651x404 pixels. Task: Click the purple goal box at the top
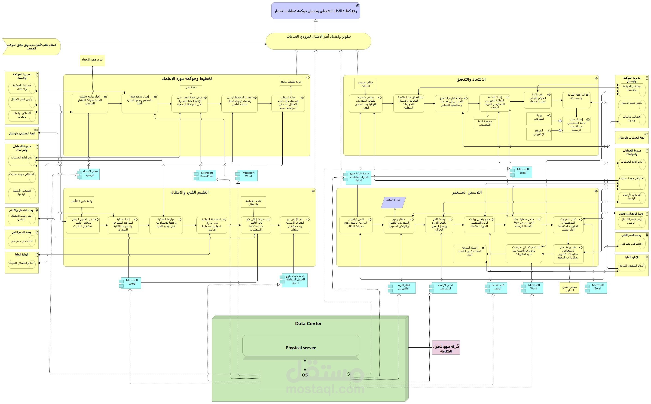click(x=315, y=11)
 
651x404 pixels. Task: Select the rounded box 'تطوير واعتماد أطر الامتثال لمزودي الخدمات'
click(x=318, y=41)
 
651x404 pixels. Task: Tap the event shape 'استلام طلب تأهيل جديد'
click(x=31, y=47)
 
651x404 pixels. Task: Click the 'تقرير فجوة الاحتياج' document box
click(x=92, y=60)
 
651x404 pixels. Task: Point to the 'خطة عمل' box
click(x=191, y=87)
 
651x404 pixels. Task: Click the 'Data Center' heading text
click(x=308, y=324)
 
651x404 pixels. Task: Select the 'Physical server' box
click(x=300, y=347)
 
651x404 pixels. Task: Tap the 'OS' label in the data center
click(x=305, y=375)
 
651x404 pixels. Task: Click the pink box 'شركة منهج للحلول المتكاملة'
click(x=446, y=348)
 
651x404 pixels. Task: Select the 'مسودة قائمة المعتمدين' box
click(x=485, y=123)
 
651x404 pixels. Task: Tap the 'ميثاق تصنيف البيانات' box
click(x=365, y=84)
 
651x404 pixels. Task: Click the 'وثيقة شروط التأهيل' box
click(x=81, y=202)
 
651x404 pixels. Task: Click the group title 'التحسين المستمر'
click(x=467, y=192)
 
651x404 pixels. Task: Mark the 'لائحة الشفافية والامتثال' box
click(x=253, y=203)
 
